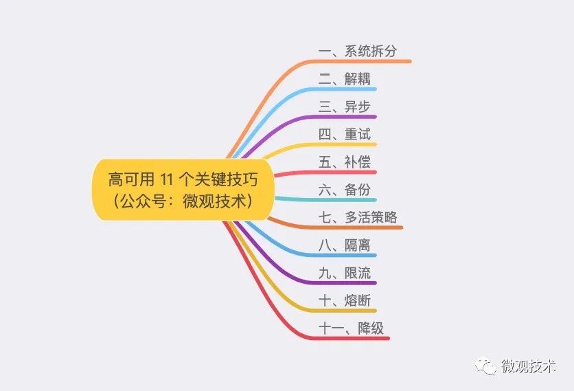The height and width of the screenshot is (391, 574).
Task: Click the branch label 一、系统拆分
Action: pos(358,51)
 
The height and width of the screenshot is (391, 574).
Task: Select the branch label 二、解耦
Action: pos(344,79)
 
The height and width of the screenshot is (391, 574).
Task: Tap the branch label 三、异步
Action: pos(344,107)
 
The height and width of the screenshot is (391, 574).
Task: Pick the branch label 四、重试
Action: pos(344,134)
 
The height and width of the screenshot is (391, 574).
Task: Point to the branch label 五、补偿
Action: pos(344,162)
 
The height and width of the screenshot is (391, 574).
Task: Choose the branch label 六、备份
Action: pos(344,190)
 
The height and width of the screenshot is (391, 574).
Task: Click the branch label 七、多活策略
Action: pos(358,218)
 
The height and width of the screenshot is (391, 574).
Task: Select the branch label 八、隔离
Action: pos(344,245)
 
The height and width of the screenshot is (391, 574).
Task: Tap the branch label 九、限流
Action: pos(344,273)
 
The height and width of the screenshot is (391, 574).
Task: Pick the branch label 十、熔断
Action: pos(344,300)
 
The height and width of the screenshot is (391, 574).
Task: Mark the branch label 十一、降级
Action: pos(351,328)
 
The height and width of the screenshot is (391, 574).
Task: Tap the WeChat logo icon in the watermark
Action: pos(487,366)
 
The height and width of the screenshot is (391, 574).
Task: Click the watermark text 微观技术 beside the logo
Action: pos(528,366)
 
